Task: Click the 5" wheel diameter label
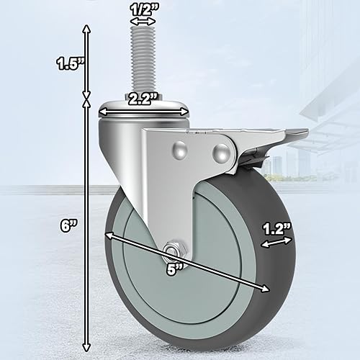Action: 175,269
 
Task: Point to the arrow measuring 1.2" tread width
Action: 276,244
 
